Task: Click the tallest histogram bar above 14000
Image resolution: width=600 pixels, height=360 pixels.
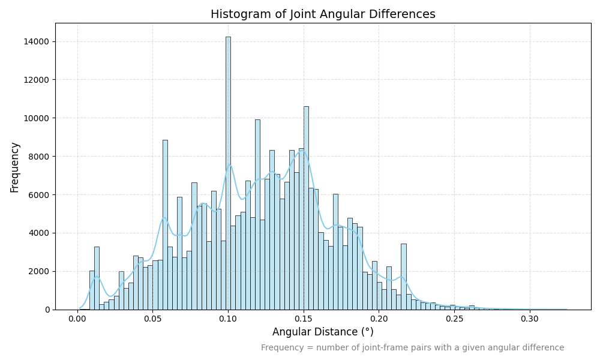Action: [x=228, y=174]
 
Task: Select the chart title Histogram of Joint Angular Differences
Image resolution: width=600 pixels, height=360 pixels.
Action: [x=323, y=14]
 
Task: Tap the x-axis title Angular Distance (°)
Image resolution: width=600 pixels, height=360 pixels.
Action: [x=323, y=332]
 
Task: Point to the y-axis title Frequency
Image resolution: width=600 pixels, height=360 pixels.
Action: [x=15, y=167]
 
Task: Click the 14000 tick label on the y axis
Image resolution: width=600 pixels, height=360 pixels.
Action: [x=37, y=41]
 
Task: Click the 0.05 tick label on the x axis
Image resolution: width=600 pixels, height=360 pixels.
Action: [x=152, y=319]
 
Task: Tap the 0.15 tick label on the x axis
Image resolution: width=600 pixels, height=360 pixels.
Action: [x=304, y=319]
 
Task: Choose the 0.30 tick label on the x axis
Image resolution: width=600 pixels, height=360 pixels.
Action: [x=530, y=319]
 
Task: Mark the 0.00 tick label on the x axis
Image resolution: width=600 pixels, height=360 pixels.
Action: [x=77, y=319]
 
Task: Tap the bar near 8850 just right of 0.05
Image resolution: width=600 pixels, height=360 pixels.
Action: [x=165, y=225]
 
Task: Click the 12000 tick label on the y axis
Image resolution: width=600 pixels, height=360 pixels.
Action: [x=37, y=80]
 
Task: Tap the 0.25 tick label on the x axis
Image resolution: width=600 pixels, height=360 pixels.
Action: [x=454, y=319]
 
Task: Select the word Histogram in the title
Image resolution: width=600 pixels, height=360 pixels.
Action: [x=239, y=14]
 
